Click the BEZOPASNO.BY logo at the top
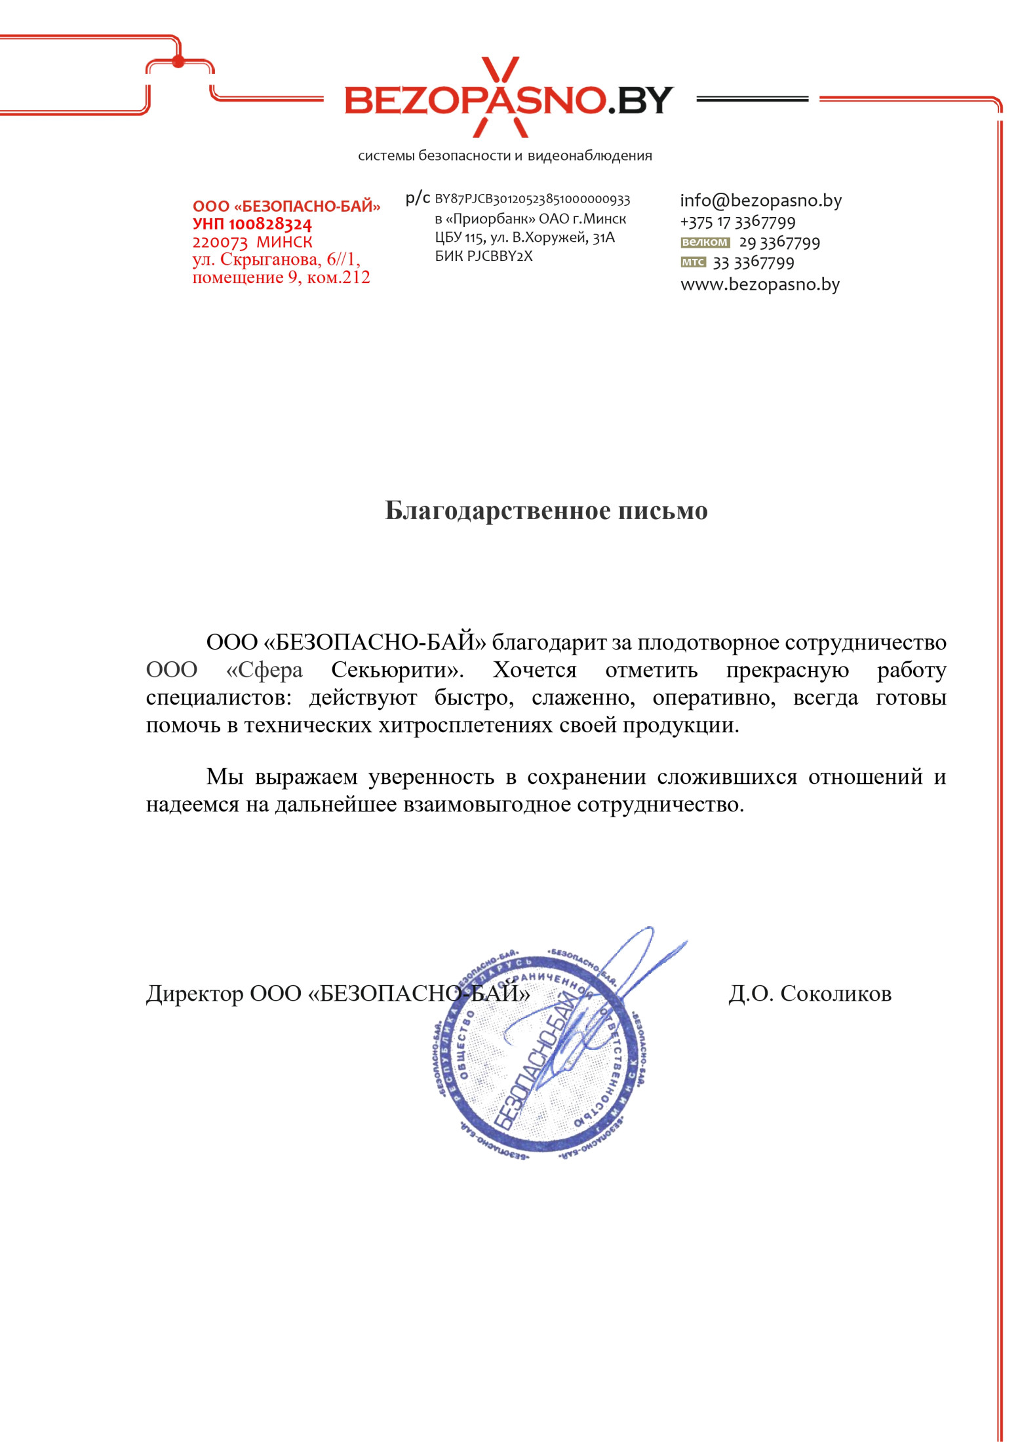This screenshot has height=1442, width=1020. tap(509, 100)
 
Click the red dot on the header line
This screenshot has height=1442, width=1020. tap(178, 62)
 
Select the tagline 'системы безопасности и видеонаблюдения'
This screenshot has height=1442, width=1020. tap(505, 156)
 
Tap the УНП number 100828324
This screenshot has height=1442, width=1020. tap(270, 224)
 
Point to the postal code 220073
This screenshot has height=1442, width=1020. tap(220, 243)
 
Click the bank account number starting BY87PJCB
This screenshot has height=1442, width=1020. tap(532, 199)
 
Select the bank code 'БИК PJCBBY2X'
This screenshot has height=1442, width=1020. tap(484, 256)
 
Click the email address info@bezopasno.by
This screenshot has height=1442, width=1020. tap(760, 201)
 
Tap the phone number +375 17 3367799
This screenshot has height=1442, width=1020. tap(737, 222)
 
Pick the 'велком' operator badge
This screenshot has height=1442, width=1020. tap(705, 243)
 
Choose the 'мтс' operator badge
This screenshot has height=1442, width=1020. tap(693, 262)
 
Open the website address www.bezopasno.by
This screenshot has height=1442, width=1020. tap(760, 284)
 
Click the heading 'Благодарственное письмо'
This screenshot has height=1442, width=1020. tap(546, 511)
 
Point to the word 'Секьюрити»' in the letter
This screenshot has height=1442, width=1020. tap(397, 670)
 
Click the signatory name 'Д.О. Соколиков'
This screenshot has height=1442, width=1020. tap(810, 994)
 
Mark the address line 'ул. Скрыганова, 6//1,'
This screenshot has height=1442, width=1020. tap(276, 260)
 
